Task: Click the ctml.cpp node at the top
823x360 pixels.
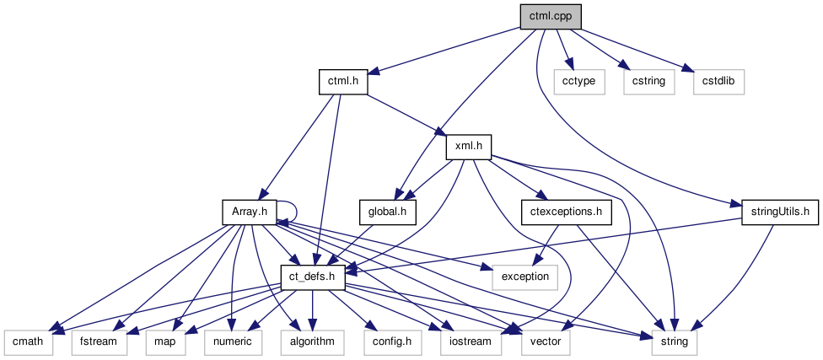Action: click(551, 18)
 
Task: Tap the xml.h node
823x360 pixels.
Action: click(468, 147)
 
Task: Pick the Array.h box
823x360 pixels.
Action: click(249, 211)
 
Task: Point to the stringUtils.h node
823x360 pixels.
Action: click(774, 211)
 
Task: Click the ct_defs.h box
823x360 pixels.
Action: click(312, 277)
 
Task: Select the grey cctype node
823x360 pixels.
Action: click(574, 82)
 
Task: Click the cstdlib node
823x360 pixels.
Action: click(719, 82)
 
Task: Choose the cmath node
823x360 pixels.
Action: click(28, 341)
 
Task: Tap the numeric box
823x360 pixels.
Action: click(231, 341)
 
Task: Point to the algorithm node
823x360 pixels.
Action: click(313, 341)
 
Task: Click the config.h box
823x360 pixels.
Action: click(391, 341)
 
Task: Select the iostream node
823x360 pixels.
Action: click(470, 341)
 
